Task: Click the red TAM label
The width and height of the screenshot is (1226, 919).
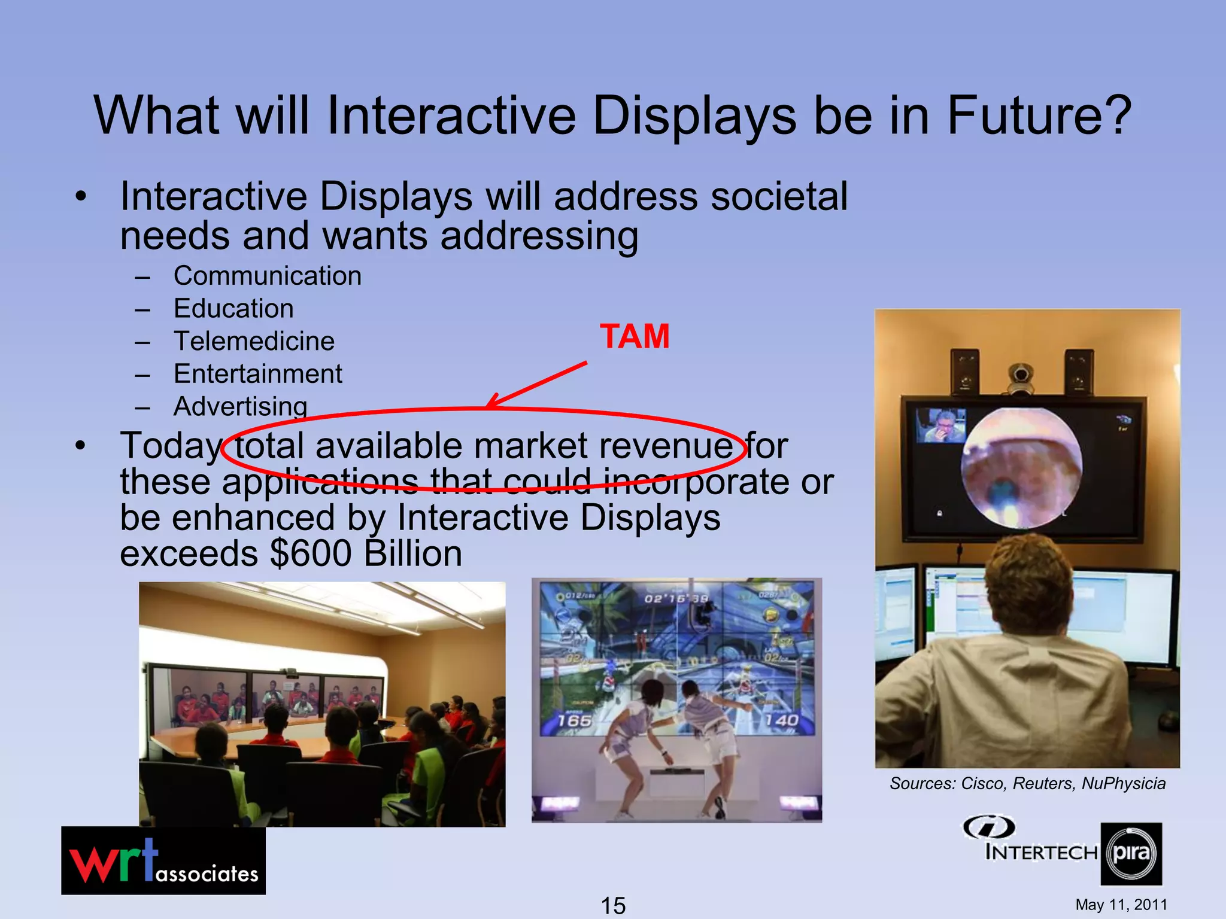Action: [x=635, y=336]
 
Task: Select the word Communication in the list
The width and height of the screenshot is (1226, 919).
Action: [x=268, y=276]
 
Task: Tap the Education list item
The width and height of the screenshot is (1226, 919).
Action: [x=233, y=309]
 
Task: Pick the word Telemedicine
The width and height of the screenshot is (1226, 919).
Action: [x=254, y=341]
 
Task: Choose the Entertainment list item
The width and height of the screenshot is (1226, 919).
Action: [x=258, y=374]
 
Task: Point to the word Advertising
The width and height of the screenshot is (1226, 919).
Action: [x=241, y=406]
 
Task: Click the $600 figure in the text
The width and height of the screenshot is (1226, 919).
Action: [x=311, y=553]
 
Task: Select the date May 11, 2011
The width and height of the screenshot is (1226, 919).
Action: [x=1121, y=905]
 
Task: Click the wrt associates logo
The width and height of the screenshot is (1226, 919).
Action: [x=163, y=860]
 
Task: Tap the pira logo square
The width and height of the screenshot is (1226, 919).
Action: [x=1131, y=854]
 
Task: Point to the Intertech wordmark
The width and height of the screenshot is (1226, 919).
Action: [x=1042, y=851]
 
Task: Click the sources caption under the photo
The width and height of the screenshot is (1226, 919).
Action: [x=1027, y=783]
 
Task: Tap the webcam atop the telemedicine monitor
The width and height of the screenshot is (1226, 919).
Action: [x=1021, y=377]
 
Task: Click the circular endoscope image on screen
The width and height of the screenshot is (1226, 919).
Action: [x=1021, y=468]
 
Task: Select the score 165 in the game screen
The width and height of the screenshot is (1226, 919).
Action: [x=575, y=720]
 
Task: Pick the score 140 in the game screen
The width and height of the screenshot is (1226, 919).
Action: [x=781, y=720]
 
